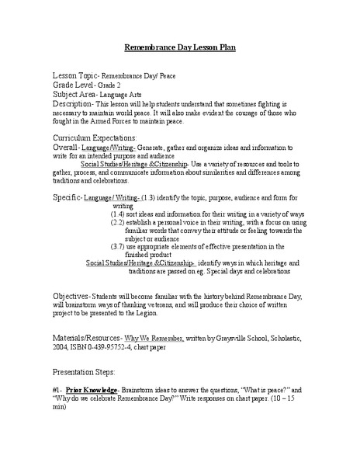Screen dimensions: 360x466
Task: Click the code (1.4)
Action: click(120, 214)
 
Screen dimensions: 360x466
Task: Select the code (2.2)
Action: click(120, 223)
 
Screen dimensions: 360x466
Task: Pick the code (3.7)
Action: click(120, 248)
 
